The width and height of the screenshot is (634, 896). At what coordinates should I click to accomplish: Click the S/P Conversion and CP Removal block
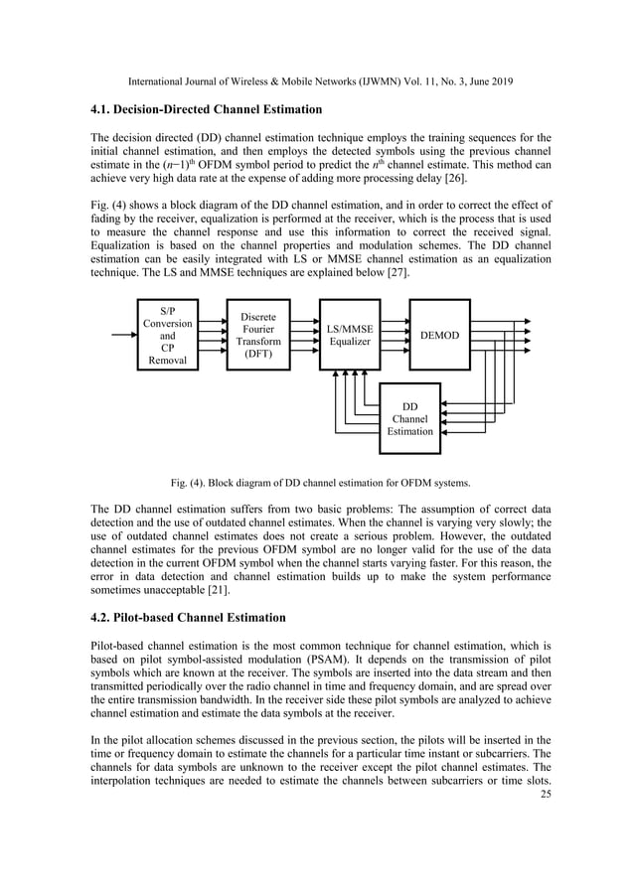168,335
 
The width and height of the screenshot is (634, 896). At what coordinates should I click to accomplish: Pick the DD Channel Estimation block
410,418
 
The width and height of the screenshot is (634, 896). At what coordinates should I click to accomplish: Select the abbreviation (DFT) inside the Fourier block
258,355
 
